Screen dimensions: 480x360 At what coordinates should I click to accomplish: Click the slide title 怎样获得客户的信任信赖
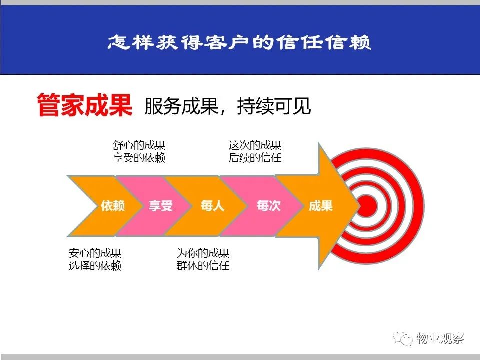(239, 42)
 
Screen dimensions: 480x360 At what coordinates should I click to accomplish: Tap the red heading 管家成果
(85, 105)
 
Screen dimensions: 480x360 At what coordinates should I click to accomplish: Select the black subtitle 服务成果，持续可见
(228, 106)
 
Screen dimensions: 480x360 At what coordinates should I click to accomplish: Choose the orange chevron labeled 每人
(208, 206)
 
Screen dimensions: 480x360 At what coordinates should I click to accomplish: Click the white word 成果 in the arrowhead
(321, 206)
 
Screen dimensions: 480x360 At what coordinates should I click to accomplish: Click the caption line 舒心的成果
(139, 145)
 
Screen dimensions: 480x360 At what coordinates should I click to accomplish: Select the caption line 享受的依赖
(139, 158)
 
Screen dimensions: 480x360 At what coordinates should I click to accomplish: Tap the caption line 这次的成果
(255, 145)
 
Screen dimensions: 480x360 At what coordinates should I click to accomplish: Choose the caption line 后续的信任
(255, 158)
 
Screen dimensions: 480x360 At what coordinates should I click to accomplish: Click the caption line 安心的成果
(95, 253)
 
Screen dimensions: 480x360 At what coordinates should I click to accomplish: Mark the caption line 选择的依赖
(95, 266)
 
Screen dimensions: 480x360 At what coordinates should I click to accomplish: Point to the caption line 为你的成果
(203, 253)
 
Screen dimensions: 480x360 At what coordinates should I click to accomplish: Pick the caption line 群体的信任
(203, 266)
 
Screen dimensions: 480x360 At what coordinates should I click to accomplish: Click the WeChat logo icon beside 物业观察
(403, 338)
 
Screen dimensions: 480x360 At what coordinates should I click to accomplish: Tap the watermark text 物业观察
(440, 338)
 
